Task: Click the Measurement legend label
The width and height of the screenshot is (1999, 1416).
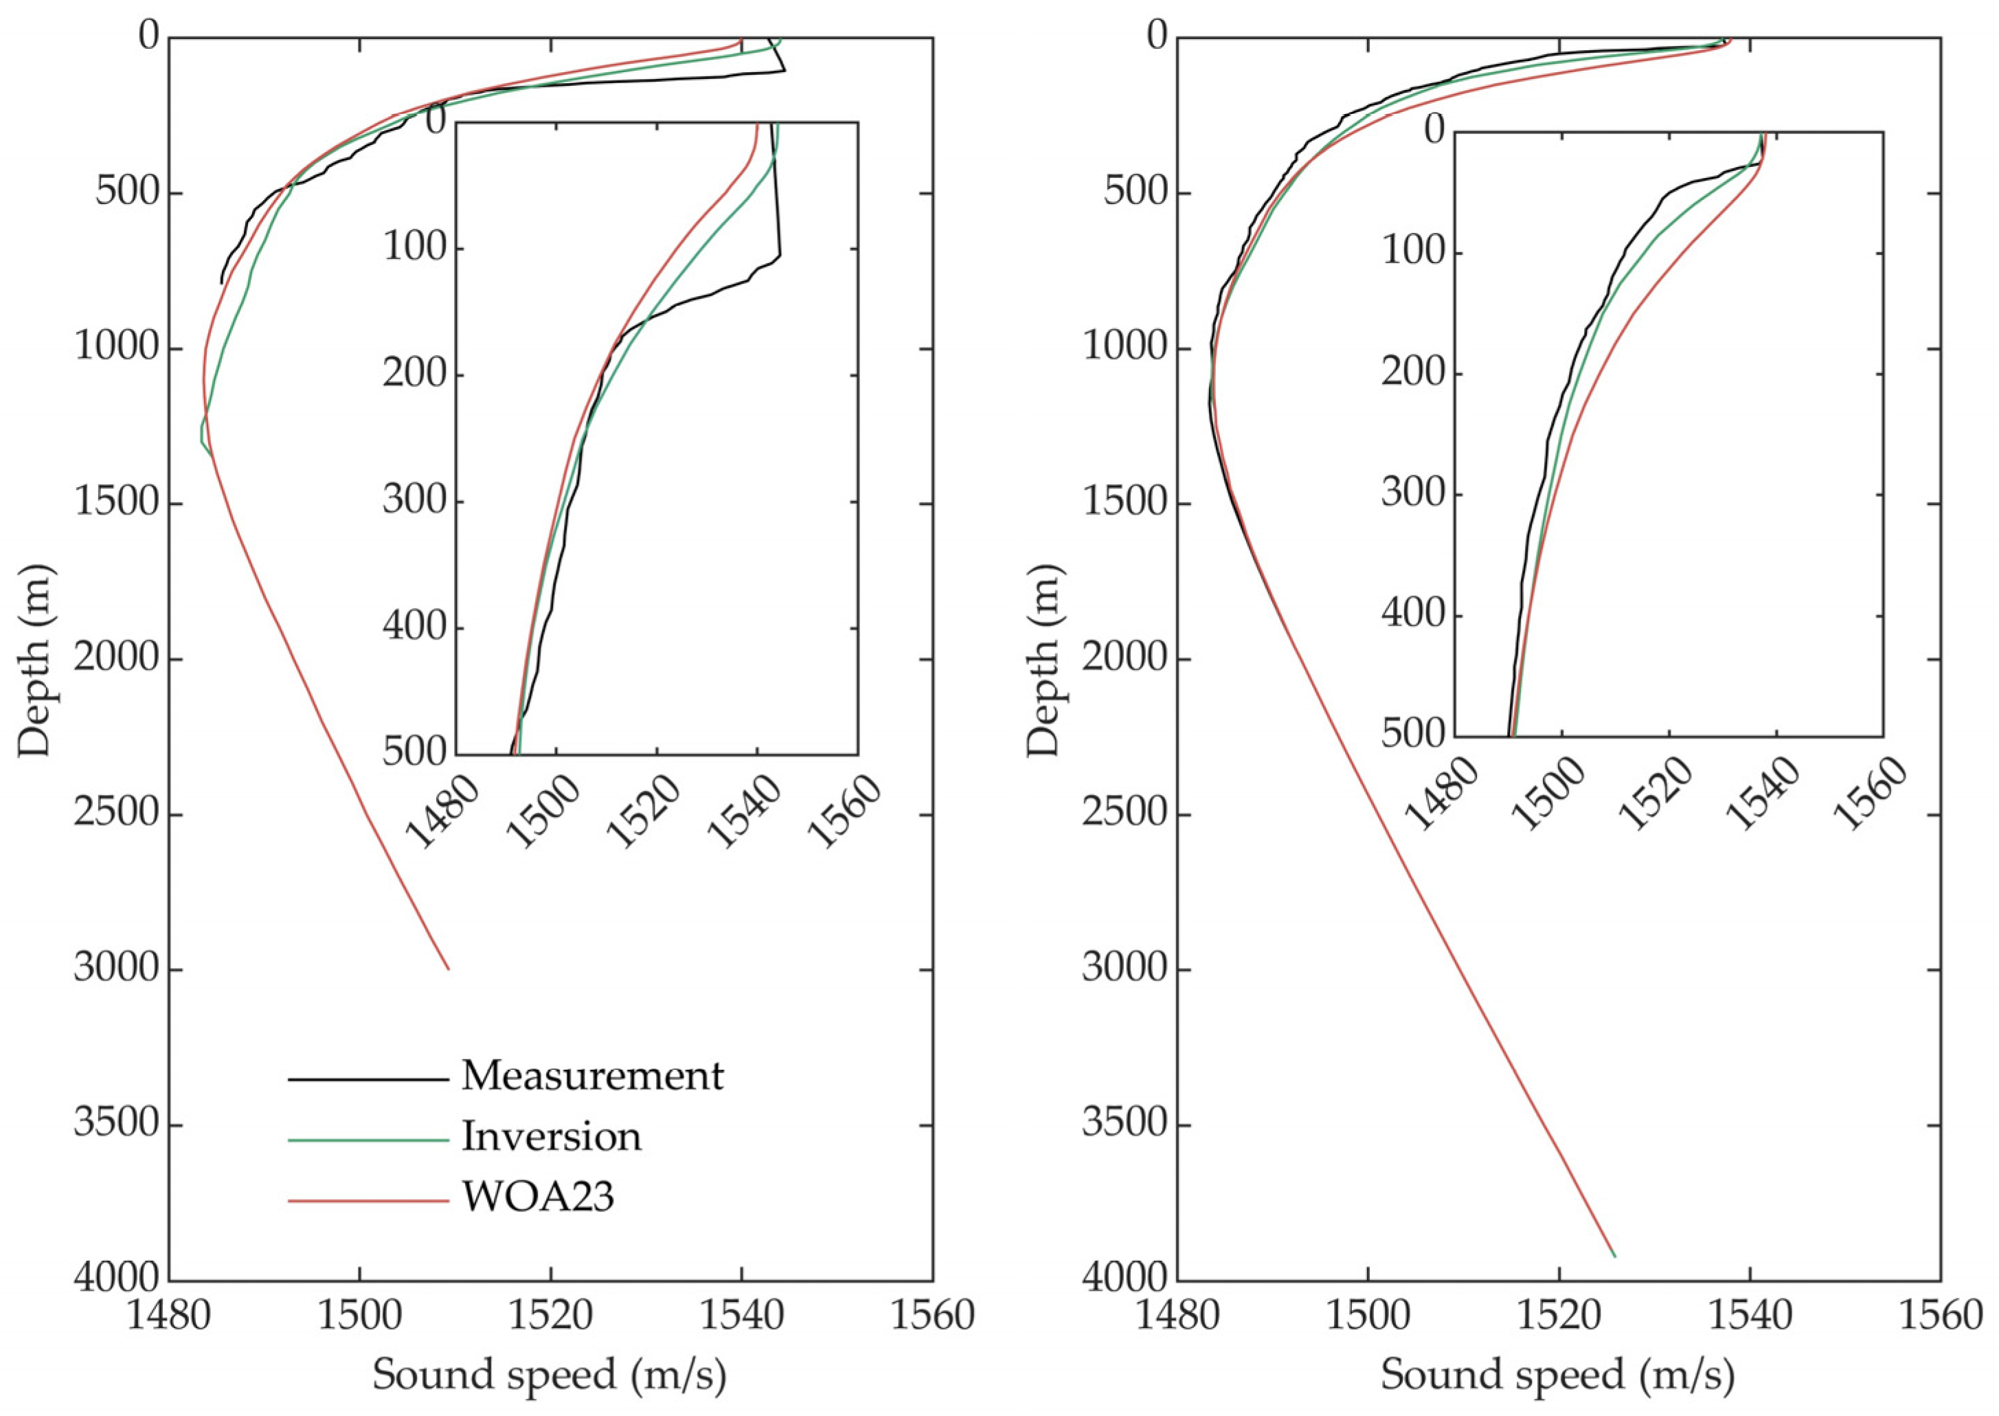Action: tap(592, 1077)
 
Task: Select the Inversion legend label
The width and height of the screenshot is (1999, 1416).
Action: tap(551, 1137)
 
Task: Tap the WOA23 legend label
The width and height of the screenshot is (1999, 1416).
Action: tap(538, 1197)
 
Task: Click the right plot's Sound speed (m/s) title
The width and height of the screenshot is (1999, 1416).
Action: tap(1557, 1376)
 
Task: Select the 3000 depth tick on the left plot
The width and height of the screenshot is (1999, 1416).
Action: tap(116, 969)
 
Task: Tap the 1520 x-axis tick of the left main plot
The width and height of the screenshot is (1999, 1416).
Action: tap(550, 1315)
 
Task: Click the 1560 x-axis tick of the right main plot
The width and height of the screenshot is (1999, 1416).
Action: tap(1940, 1315)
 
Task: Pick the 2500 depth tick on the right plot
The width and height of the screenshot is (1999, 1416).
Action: tap(1125, 814)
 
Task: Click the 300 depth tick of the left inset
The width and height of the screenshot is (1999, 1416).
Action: tap(414, 502)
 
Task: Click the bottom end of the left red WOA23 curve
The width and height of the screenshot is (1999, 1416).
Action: tap(448, 969)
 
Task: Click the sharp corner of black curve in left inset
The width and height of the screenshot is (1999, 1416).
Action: tap(780, 256)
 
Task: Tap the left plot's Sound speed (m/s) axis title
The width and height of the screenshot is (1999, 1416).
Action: tap(550, 1376)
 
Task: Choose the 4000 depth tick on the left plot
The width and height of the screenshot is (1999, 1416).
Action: tap(116, 1280)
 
